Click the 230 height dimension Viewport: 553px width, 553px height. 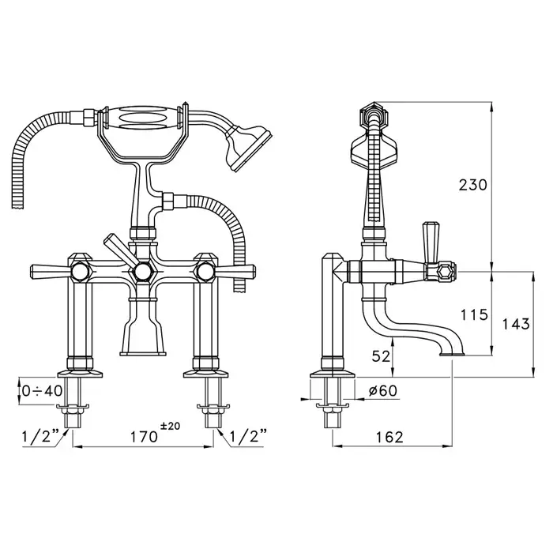(x=472, y=185)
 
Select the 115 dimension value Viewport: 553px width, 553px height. (x=474, y=314)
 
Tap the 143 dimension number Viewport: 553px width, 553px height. (x=516, y=324)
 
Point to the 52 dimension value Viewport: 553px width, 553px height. (x=381, y=356)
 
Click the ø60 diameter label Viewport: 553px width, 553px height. (x=382, y=390)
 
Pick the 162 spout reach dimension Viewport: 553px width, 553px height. (x=389, y=438)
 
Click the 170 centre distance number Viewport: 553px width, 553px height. (x=144, y=437)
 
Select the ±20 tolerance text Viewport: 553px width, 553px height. (x=170, y=426)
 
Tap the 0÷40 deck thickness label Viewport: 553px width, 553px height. (x=42, y=390)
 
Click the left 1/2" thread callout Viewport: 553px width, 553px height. (x=39, y=437)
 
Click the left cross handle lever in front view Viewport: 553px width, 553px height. (x=53, y=271)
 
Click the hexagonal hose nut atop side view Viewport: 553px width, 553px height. (x=374, y=115)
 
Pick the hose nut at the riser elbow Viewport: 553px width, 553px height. (x=168, y=201)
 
